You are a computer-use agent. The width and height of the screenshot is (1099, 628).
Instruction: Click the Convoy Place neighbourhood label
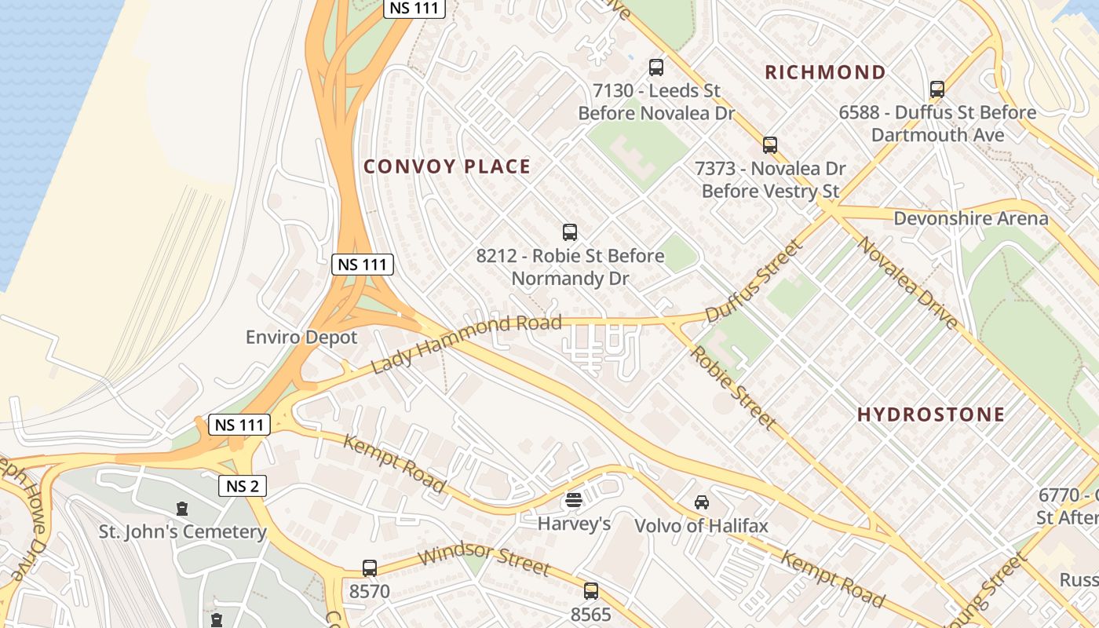447,166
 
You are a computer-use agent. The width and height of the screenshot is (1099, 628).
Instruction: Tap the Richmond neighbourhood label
825,72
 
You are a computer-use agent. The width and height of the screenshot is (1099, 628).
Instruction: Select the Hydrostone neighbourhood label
930,414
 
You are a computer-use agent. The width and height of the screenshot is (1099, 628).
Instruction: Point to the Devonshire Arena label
970,218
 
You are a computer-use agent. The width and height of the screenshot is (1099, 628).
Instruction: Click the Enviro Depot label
301,338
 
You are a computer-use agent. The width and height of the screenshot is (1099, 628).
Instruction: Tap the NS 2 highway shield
242,486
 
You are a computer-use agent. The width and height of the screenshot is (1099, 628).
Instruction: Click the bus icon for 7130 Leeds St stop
655,68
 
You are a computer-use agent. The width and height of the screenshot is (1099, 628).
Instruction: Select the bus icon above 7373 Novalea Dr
769,145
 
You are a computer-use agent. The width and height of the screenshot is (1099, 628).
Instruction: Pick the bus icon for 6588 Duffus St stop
937,89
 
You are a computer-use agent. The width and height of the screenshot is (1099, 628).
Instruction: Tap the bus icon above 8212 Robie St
570,232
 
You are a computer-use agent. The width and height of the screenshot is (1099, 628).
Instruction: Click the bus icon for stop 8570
369,568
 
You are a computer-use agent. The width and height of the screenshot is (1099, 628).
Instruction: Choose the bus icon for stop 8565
590,591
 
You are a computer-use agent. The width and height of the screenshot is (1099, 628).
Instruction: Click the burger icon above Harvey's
574,500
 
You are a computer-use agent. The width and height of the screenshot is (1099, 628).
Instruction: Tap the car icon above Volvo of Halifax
701,502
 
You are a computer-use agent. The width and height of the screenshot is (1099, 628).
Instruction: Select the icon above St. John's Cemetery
182,509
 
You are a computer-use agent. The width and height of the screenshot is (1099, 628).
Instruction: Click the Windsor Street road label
484,559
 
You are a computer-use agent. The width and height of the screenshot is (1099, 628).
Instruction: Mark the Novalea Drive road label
907,283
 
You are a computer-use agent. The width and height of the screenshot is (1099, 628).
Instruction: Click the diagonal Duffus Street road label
754,281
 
